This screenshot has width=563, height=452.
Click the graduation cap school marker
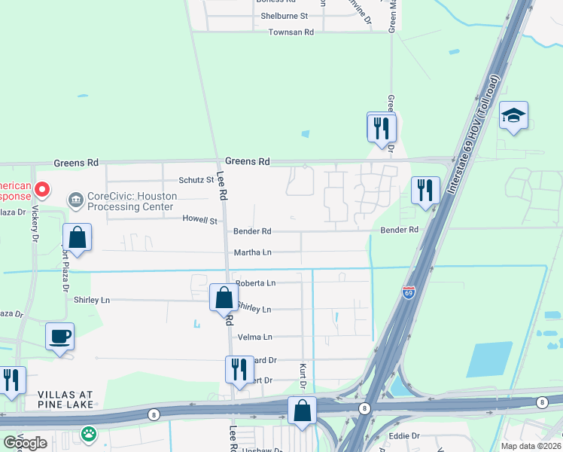(513, 116)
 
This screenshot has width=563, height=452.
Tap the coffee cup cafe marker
(59, 337)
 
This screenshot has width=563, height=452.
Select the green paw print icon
(89, 433)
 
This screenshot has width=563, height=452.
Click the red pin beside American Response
(43, 190)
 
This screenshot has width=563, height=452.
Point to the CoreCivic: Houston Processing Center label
(132, 201)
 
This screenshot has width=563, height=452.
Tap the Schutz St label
(196, 180)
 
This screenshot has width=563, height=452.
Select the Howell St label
(199, 220)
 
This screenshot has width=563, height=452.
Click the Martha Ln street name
(252, 252)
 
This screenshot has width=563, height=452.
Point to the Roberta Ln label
(256, 283)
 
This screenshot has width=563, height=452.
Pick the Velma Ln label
(254, 337)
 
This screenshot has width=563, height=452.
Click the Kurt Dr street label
(303, 374)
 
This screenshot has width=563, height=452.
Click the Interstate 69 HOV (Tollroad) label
(473, 136)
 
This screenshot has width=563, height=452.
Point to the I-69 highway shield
(409, 292)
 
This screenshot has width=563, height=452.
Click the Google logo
(25, 442)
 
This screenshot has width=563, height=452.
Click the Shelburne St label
(284, 16)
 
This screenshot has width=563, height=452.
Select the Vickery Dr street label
(34, 224)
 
